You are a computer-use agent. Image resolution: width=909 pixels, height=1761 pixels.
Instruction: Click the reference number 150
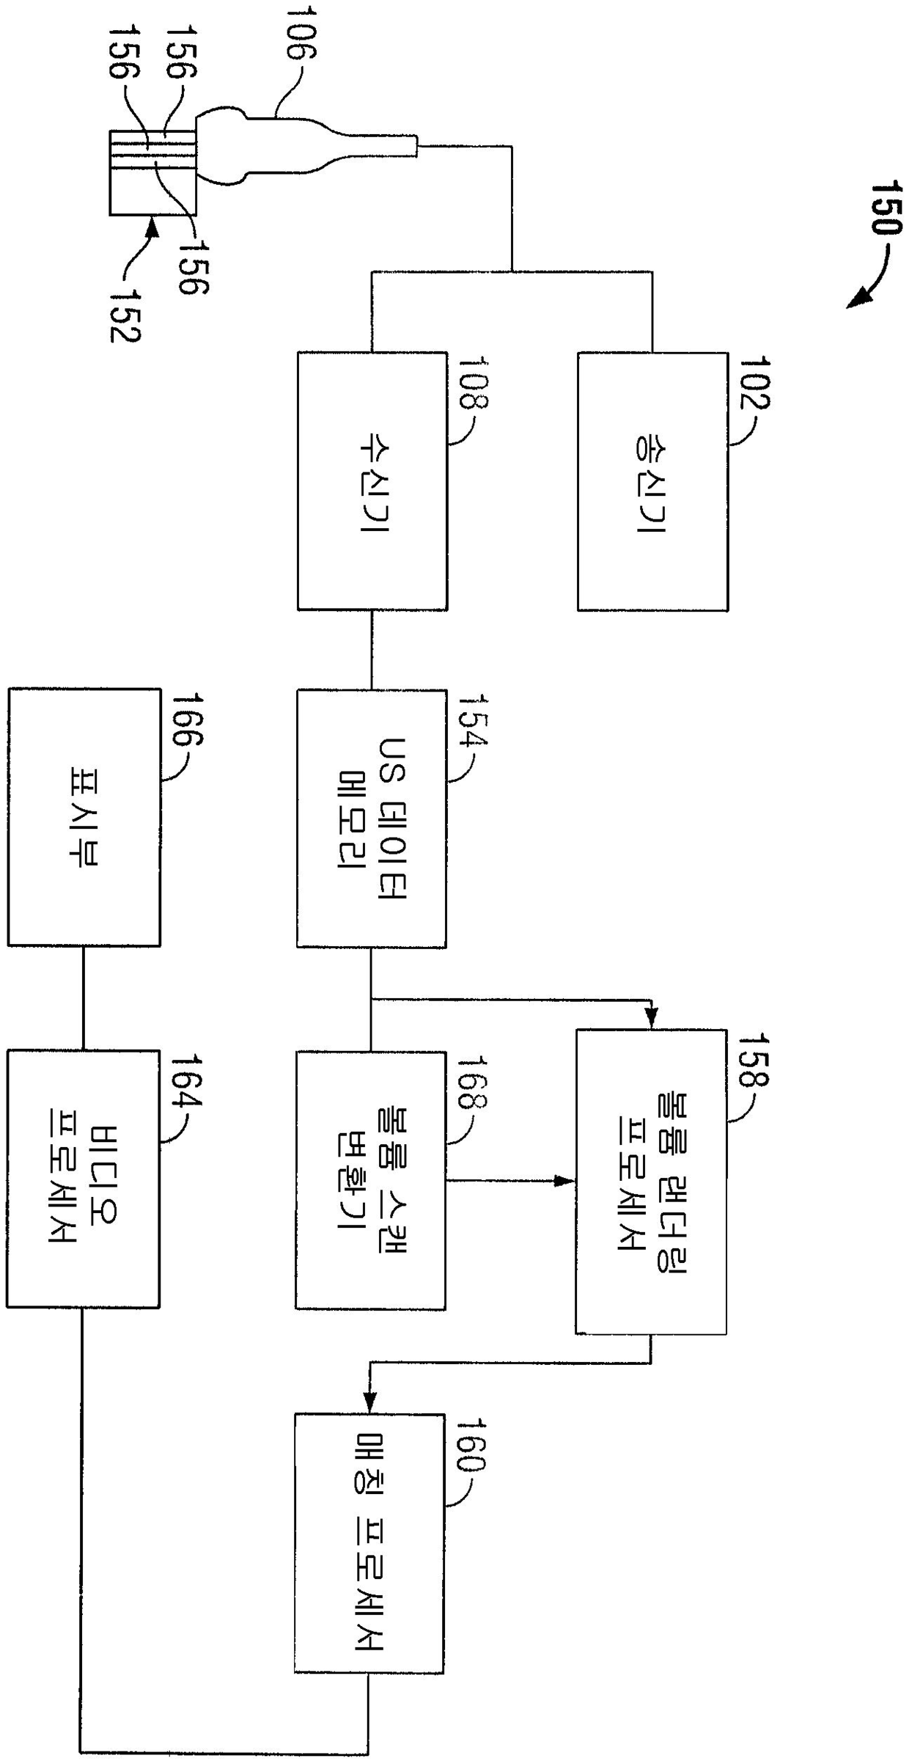tap(883, 208)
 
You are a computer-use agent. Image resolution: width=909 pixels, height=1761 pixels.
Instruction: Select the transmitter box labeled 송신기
tap(652, 481)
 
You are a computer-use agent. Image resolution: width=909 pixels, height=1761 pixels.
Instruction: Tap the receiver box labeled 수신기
tap(372, 481)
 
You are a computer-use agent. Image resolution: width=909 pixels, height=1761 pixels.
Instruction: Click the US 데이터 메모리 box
tap(372, 818)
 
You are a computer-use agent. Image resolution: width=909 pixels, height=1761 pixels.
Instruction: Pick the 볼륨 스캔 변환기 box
tap(371, 1180)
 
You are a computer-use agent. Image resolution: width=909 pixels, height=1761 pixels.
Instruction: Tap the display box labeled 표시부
tap(84, 816)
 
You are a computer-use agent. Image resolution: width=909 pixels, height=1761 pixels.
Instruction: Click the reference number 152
tap(125, 313)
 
